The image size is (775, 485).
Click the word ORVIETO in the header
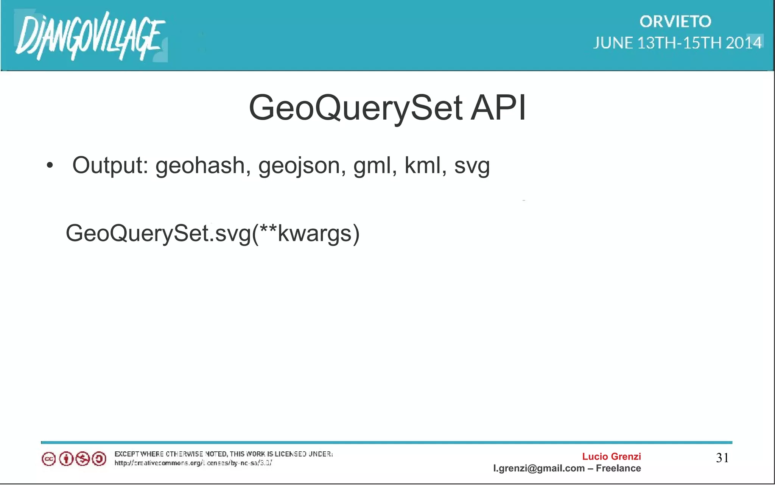coord(675,22)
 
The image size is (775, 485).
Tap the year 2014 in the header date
coord(743,43)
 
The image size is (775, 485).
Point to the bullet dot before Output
coord(50,166)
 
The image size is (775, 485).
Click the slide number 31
coord(722,458)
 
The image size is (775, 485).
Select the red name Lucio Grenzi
coord(611,457)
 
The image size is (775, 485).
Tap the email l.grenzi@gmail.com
coord(538,468)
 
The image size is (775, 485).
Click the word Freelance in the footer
coord(618,468)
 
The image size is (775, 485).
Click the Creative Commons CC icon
coord(49,459)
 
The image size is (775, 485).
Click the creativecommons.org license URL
coord(193,463)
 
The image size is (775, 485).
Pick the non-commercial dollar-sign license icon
coord(82,459)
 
